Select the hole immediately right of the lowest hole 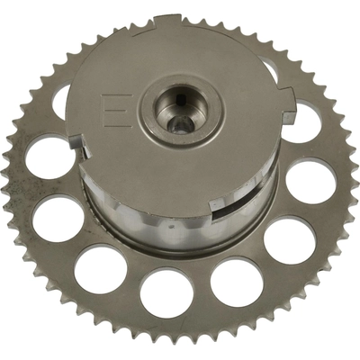click(x=237, y=281)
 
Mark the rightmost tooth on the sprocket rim click(x=351, y=180)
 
